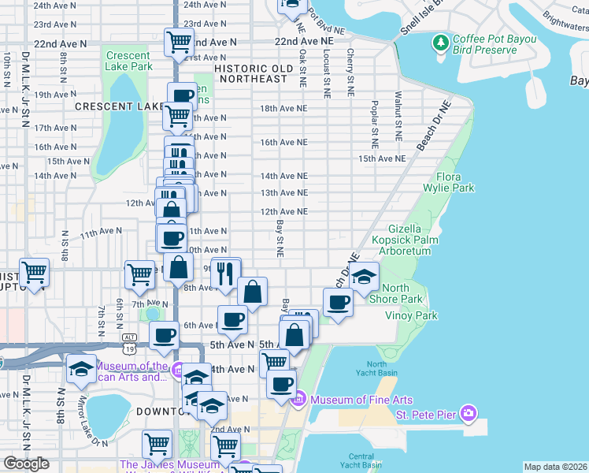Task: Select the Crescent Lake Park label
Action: (128, 61)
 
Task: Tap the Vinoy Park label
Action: (410, 315)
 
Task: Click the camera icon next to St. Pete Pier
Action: (469, 413)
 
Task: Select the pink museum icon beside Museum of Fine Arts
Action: (298, 400)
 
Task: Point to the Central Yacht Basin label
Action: (361, 460)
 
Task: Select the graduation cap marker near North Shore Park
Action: (364, 277)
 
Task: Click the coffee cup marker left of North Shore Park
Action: (339, 303)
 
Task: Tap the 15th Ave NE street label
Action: (382, 158)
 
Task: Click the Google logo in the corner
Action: (26, 464)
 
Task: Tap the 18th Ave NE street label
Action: (283, 108)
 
